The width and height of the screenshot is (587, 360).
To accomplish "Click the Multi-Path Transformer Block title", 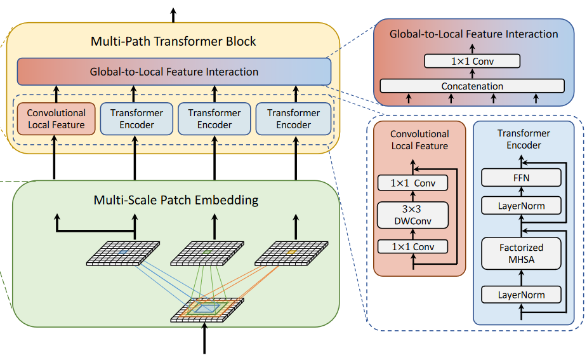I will (174, 42).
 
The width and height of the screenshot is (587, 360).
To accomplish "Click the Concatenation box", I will (472, 86).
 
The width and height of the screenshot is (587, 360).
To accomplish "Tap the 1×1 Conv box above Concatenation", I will (472, 61).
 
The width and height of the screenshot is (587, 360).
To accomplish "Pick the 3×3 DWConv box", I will (413, 215).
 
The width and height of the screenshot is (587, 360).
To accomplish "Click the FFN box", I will (522, 178).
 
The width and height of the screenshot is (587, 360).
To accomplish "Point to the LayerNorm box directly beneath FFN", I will (522, 206).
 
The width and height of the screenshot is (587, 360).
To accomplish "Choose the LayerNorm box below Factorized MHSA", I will (522, 295).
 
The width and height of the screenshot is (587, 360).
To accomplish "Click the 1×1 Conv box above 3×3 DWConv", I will (413, 183).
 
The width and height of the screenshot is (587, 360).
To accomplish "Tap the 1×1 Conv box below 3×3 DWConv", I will (413, 246).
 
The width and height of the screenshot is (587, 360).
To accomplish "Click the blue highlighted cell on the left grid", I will (122, 252).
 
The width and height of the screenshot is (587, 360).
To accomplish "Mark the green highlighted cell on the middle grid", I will (207, 252).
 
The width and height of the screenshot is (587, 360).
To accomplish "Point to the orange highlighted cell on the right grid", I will (291, 252).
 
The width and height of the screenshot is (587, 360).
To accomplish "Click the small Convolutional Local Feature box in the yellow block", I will (56, 119).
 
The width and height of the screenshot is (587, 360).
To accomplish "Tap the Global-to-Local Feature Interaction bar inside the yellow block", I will (174, 71).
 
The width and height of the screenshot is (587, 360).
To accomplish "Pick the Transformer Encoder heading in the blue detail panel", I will (524, 139).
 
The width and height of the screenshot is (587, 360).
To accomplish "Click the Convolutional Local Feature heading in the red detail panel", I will (419, 140).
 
